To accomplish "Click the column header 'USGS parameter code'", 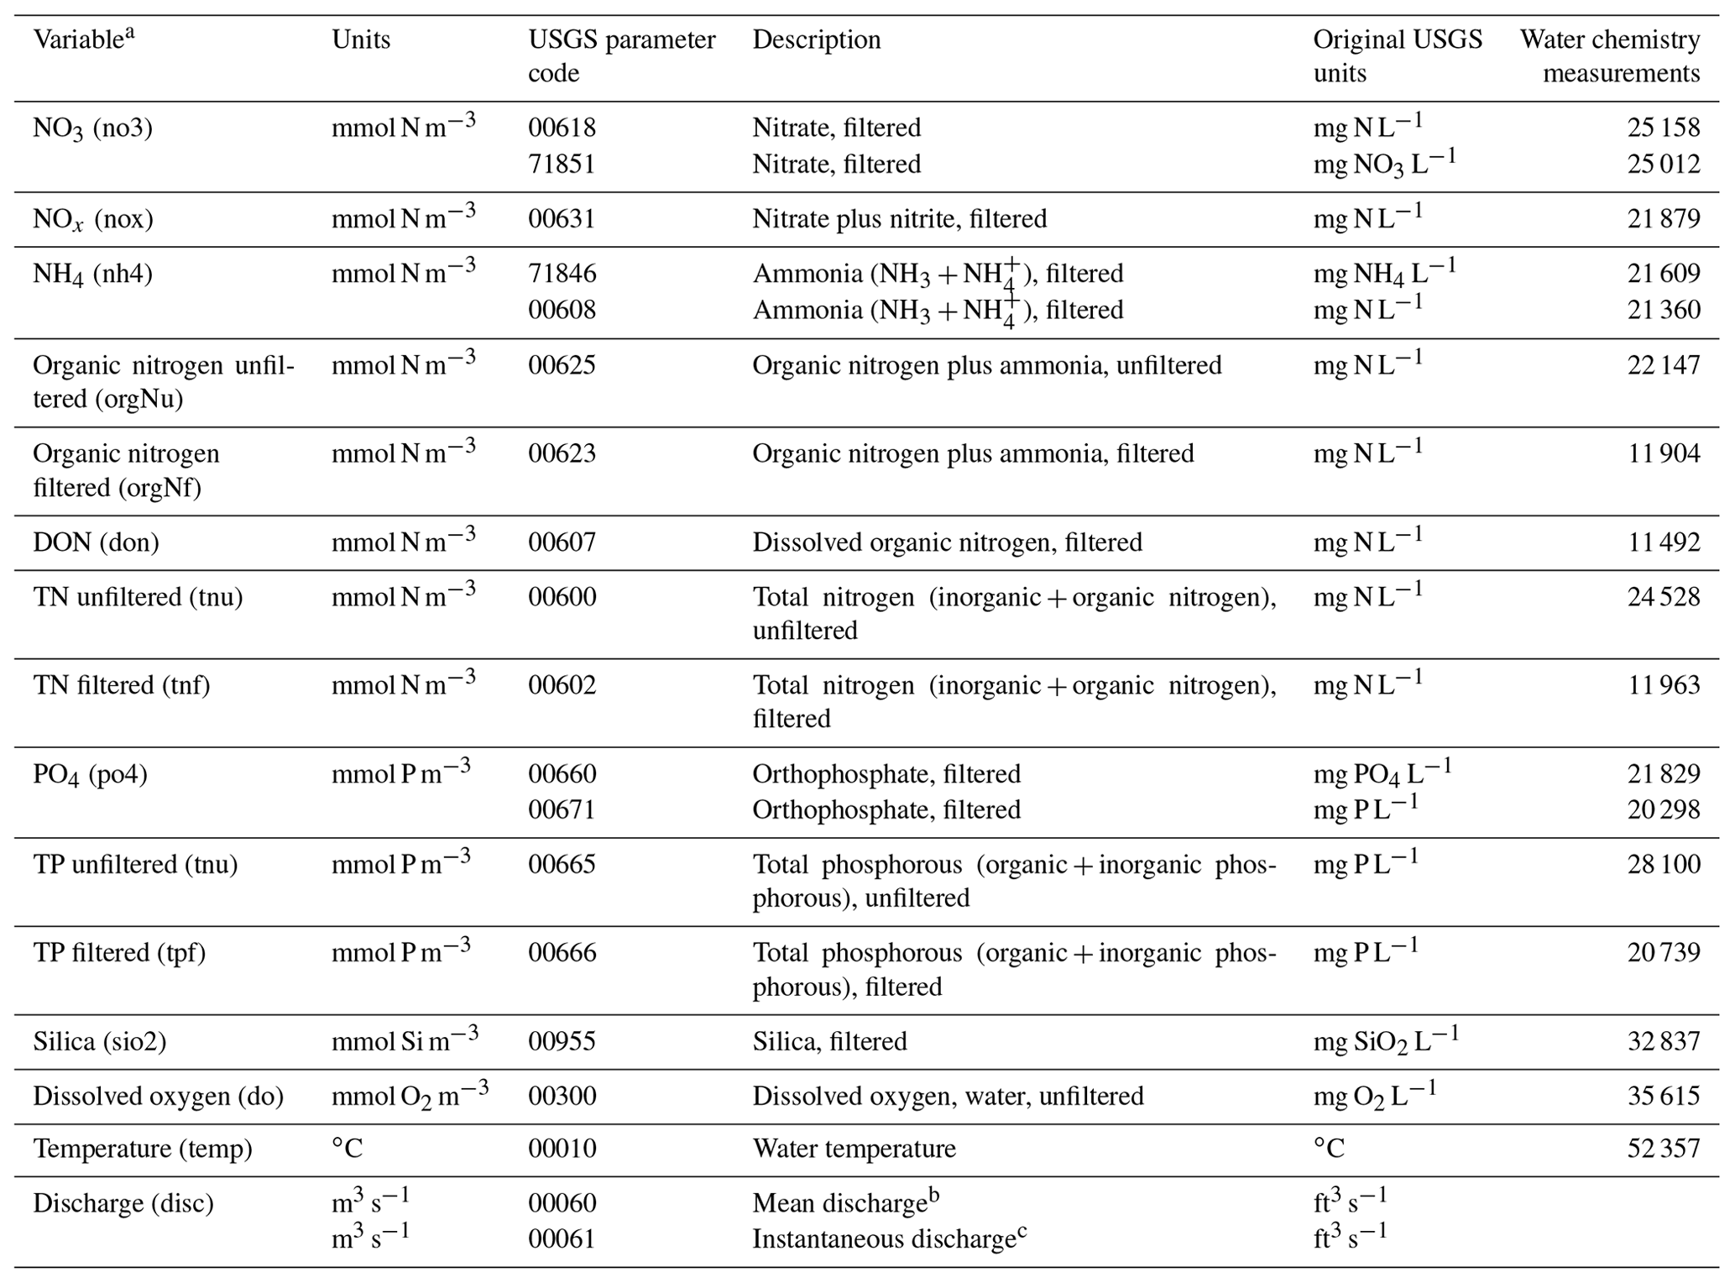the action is tap(621, 56).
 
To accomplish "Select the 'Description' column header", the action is tap(816, 39).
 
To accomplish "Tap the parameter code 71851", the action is tap(562, 164).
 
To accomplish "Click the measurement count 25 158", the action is tap(1663, 128).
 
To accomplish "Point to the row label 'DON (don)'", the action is tap(96, 542).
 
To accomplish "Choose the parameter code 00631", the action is tap(562, 219).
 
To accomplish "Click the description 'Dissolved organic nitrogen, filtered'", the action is tap(947, 542).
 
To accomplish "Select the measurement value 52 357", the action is tap(1663, 1148).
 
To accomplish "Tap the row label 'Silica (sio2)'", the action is tap(100, 1041).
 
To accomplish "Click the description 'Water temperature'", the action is tap(854, 1148).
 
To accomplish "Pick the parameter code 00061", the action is tap(562, 1239).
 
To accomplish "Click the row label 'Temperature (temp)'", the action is tap(143, 1148).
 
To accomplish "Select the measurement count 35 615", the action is tap(1663, 1096).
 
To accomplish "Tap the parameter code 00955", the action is tap(562, 1041).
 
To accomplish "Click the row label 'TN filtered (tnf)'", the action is tap(122, 685).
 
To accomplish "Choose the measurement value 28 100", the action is tap(1663, 865).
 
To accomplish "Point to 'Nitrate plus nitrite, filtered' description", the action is tap(899, 219).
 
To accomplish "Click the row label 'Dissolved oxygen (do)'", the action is tap(158, 1096).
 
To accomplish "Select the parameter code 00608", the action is tap(562, 310).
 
